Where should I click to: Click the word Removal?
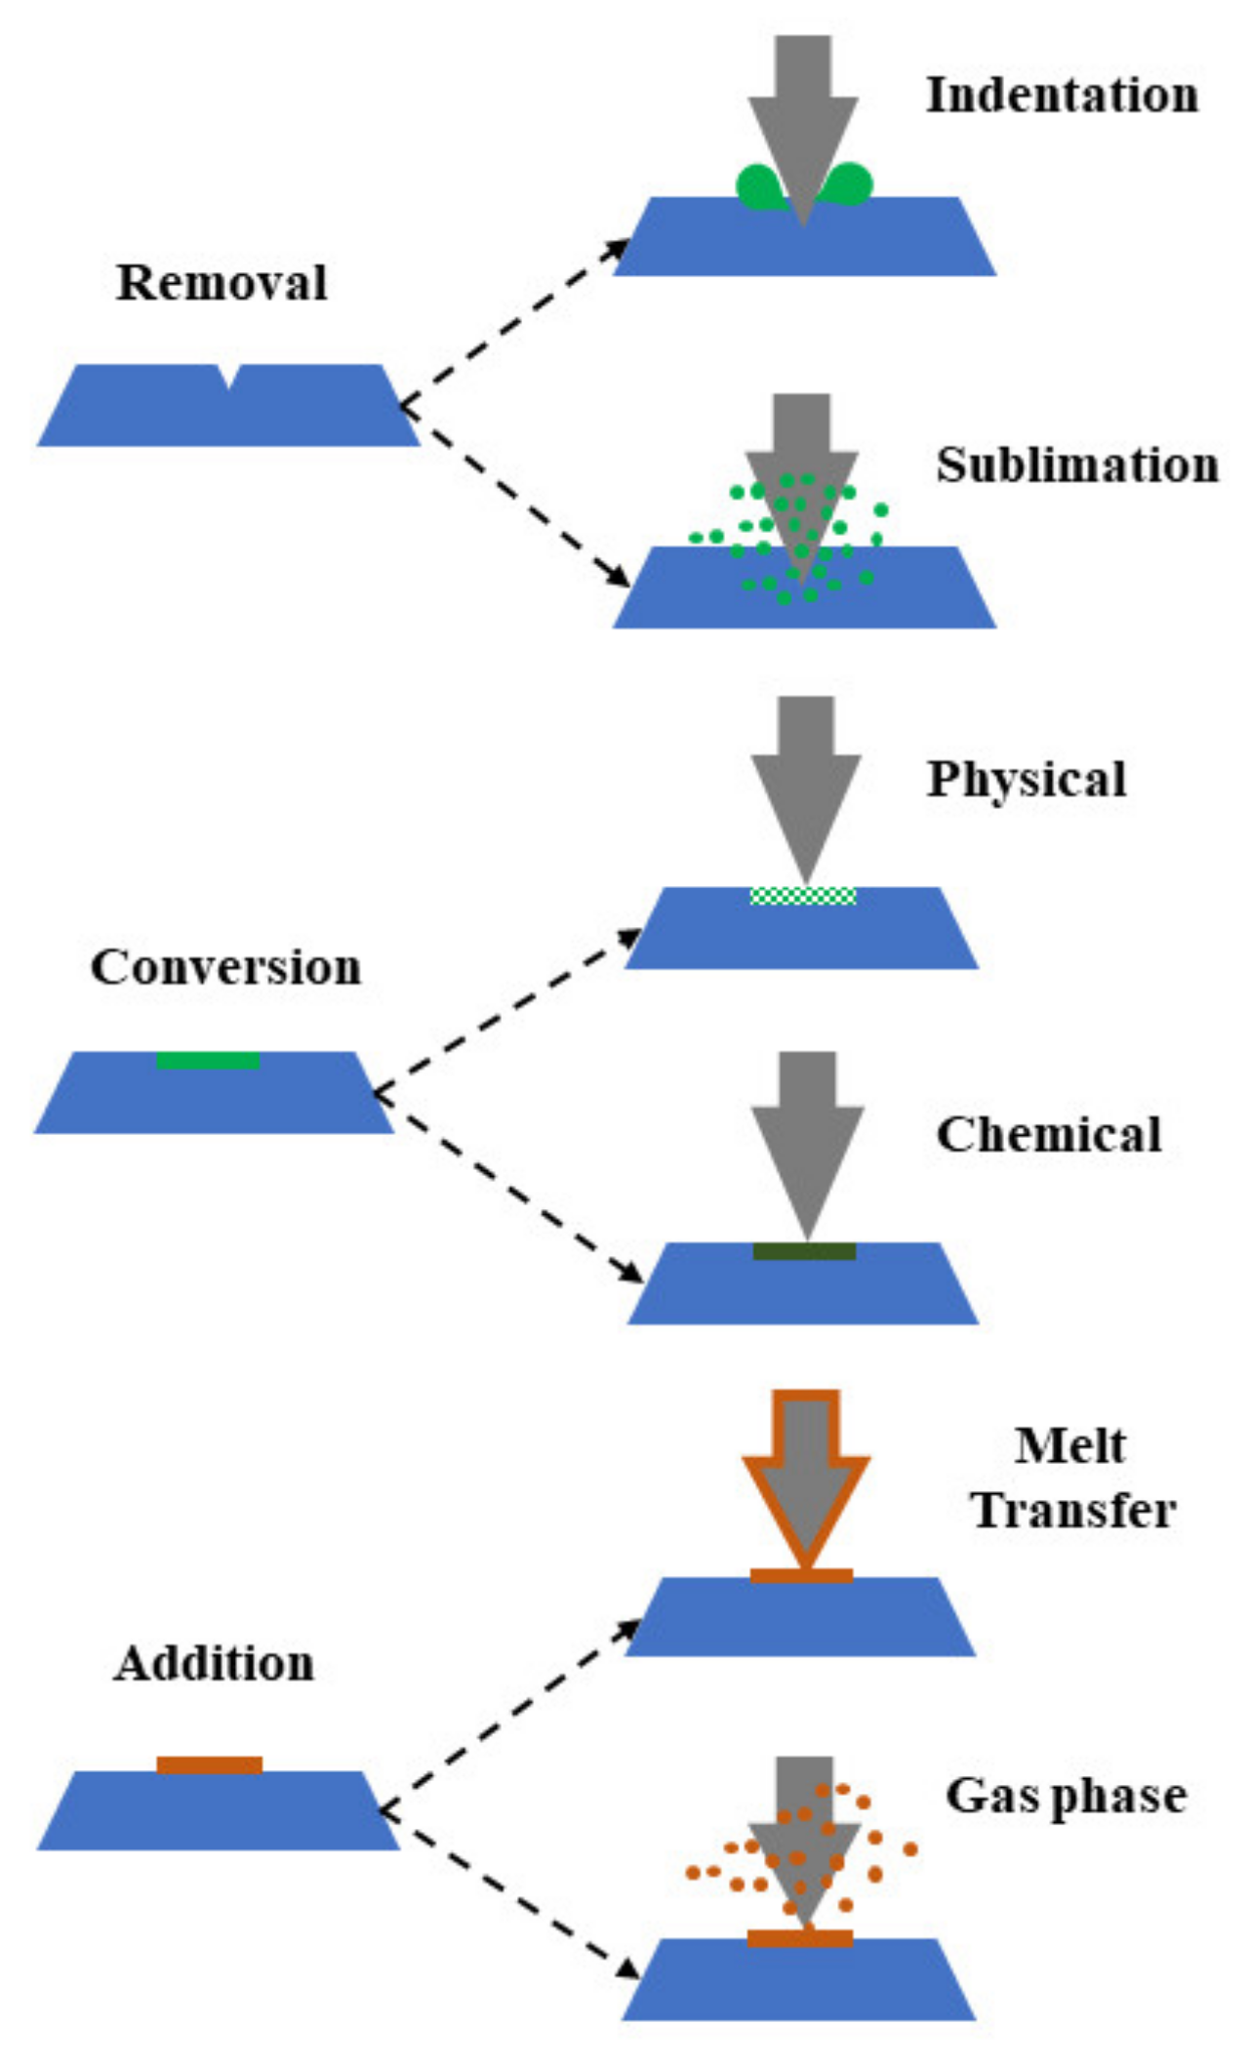pos(222,283)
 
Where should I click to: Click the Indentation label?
pos(1062,96)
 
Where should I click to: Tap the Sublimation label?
pos(1077,466)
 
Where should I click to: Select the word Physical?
pos(1027,780)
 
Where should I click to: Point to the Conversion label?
pos(225,967)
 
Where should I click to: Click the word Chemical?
pos(1049,1135)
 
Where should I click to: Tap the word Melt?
pos(1069,1445)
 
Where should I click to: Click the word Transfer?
pos(1072,1511)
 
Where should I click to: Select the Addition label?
pos(214,1663)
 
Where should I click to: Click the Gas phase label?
pos(1066,1796)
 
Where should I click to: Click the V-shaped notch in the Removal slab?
pos(227,376)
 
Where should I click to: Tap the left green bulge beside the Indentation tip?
pos(758,187)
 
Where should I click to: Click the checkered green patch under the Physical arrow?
pos(803,895)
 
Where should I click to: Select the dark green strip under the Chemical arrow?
pos(804,1251)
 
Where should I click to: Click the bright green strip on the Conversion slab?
pos(208,1060)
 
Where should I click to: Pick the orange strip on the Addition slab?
pos(210,1765)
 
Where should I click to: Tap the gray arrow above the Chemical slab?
pos(807,1132)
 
